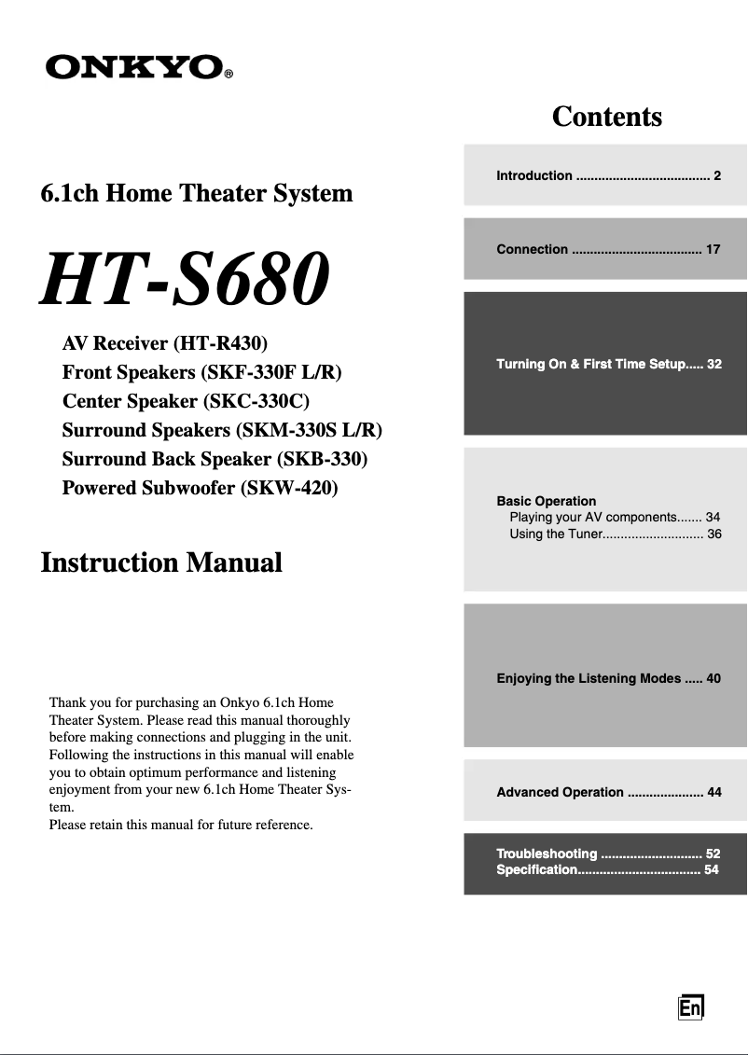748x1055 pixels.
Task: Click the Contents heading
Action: tap(606, 117)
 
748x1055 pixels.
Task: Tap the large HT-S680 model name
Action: tap(185, 280)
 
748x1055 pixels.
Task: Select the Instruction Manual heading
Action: tap(161, 562)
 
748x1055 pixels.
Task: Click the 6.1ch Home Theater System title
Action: tap(197, 193)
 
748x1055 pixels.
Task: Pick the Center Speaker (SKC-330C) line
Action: tap(185, 401)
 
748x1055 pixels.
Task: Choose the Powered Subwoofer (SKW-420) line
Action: tap(200, 488)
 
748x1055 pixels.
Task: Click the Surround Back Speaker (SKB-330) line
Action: tap(215, 459)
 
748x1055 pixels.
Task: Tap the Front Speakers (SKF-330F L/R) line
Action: tap(201, 372)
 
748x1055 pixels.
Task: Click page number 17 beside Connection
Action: tap(713, 249)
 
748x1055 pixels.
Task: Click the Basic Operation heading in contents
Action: tap(547, 501)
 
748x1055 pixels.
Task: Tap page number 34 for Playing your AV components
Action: tap(713, 517)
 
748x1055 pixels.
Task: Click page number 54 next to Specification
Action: tap(712, 869)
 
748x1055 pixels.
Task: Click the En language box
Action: tap(690, 1008)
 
